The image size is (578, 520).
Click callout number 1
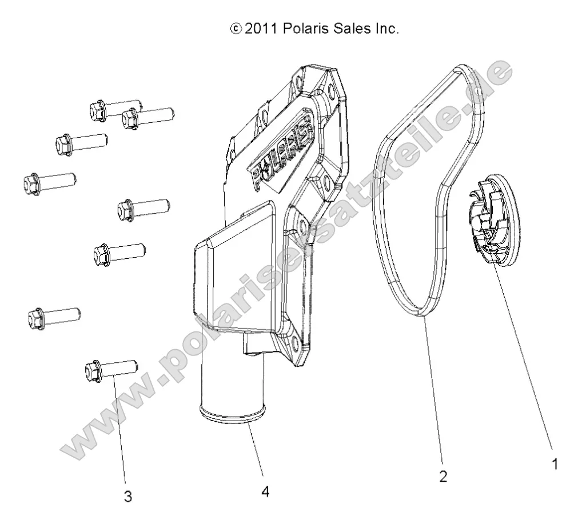[553, 465]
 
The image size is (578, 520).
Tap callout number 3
[128, 497]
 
